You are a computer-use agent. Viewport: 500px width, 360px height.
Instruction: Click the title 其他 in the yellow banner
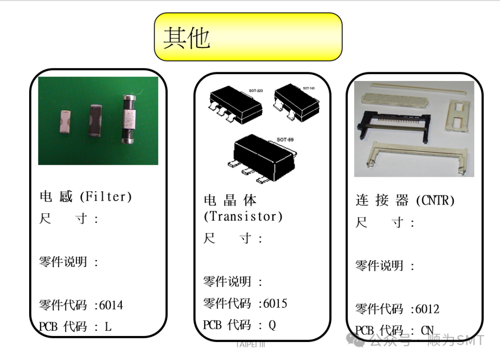point(187,37)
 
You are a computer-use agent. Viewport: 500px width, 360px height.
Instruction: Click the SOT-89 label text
point(285,139)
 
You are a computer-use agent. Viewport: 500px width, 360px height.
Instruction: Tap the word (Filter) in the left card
point(106,197)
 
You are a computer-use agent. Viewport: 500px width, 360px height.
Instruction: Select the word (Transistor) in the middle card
point(243,216)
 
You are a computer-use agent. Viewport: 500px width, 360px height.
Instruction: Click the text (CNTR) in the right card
point(435,200)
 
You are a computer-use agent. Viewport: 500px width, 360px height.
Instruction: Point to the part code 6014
point(112,305)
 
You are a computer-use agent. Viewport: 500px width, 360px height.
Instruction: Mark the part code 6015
point(275,304)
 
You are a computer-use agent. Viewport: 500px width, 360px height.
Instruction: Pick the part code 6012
point(427,309)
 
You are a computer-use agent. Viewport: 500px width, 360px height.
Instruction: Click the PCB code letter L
point(108,327)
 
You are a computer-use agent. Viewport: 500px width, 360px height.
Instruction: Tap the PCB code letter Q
point(272,325)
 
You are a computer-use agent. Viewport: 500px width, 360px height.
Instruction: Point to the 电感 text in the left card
point(56,197)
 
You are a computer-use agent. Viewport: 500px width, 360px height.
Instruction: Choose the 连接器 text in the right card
point(382,200)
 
